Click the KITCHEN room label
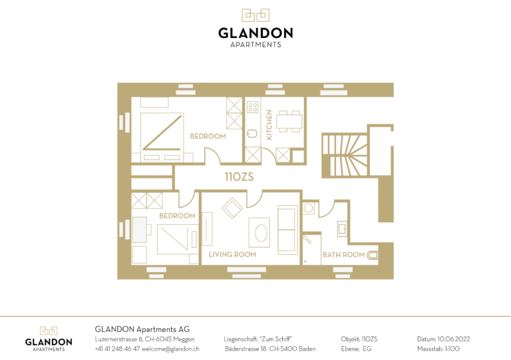tap(269, 125)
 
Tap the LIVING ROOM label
tap(232, 254)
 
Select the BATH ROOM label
tap(343, 255)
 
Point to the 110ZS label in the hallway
tap(240, 176)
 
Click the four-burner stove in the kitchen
tap(253, 107)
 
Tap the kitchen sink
tap(252, 133)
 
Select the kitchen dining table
tap(289, 121)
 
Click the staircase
tap(345, 155)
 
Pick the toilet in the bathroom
tap(373, 255)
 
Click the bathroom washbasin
tap(342, 228)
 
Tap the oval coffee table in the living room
tap(261, 233)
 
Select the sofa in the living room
tap(287, 230)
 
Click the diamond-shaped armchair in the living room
tap(232, 208)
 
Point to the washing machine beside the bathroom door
tap(309, 208)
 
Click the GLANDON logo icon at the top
tap(255, 15)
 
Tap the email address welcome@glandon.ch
tap(170, 349)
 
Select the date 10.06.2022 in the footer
tap(454, 339)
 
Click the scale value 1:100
tap(452, 349)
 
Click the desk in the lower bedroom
tap(140, 230)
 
